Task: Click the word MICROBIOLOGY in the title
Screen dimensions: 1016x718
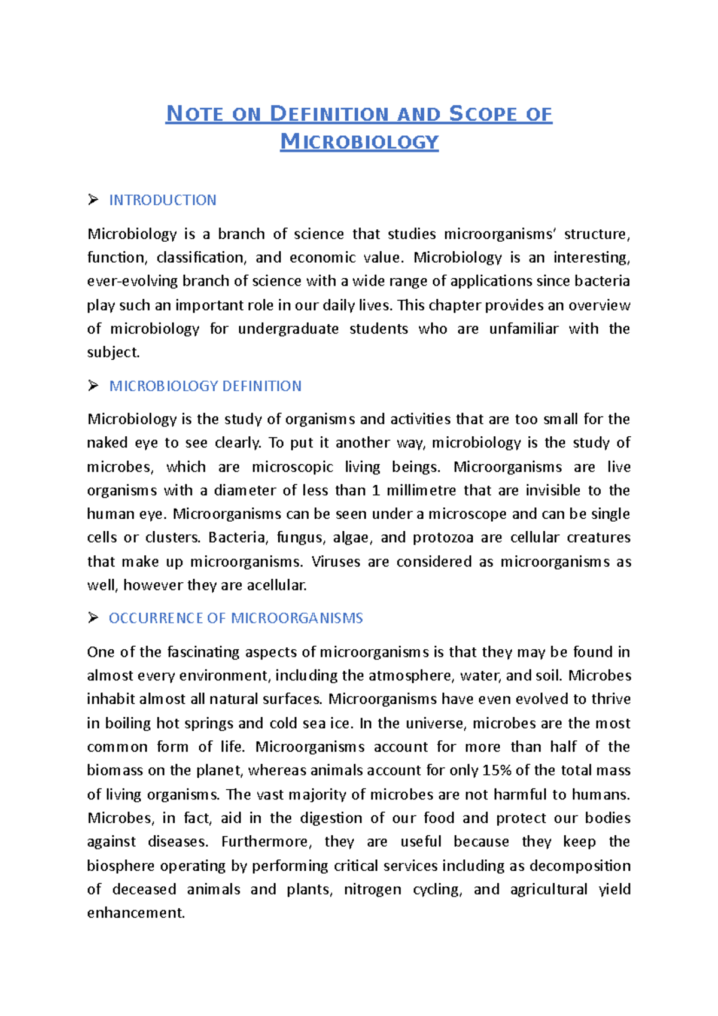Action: point(360,142)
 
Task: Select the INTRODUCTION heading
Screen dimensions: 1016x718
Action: point(162,200)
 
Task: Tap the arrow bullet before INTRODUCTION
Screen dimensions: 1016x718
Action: point(93,200)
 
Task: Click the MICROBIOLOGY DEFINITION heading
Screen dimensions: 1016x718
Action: point(205,386)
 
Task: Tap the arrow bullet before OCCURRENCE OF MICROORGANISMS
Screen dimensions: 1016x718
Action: point(93,618)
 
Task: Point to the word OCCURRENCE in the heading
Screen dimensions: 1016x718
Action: point(156,618)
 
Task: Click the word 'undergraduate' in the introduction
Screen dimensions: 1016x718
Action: point(288,329)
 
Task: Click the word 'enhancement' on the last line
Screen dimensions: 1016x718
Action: point(135,913)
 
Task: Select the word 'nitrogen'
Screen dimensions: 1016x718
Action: point(372,890)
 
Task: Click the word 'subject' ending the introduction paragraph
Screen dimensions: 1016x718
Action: point(112,353)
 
